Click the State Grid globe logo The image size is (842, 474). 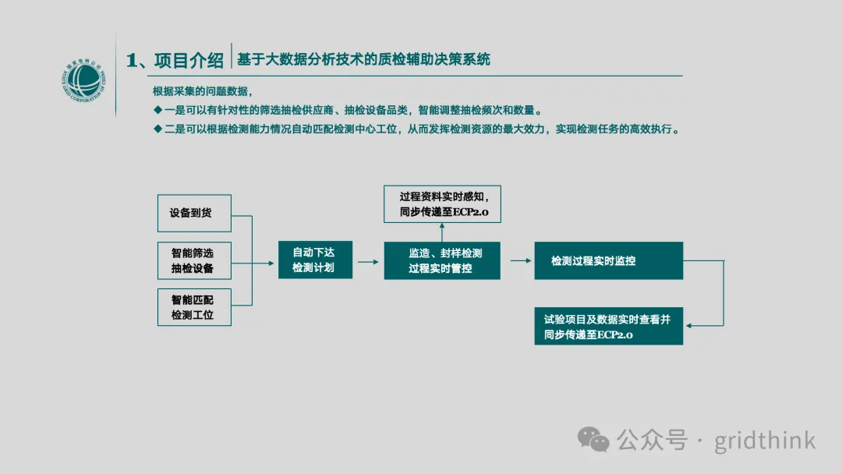click(x=83, y=80)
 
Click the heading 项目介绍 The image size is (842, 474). click(x=189, y=60)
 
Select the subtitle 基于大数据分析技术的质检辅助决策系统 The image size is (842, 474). click(x=363, y=59)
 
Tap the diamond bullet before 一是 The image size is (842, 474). click(x=157, y=110)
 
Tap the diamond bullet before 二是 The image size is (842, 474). click(x=157, y=129)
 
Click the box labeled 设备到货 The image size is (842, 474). click(x=194, y=213)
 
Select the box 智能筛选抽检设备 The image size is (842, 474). click(x=194, y=260)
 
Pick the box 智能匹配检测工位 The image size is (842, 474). click(x=194, y=307)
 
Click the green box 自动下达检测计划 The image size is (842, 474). click(x=315, y=260)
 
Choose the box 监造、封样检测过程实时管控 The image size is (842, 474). click(x=442, y=260)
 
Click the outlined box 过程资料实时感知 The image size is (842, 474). click(x=443, y=204)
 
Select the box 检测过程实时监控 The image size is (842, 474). click(x=608, y=260)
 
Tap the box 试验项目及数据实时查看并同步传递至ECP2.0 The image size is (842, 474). click(x=608, y=326)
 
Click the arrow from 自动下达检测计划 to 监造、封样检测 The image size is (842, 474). click(x=368, y=262)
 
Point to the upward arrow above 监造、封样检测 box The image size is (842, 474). click(x=442, y=232)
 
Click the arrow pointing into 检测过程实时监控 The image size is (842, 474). click(x=521, y=261)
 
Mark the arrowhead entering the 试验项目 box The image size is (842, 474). click(x=689, y=325)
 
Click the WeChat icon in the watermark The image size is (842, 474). click(x=593, y=440)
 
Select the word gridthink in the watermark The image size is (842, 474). click(x=765, y=441)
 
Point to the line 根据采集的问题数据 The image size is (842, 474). click(x=203, y=91)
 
